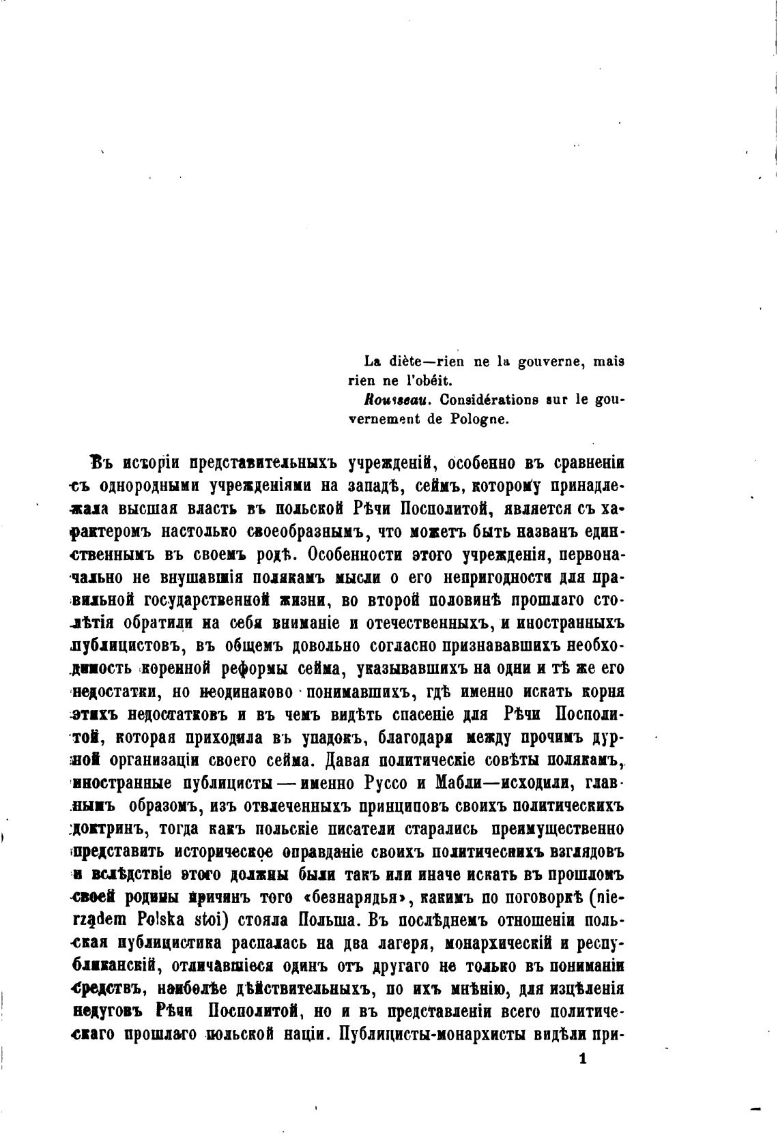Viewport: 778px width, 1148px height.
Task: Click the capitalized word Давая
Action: (x=350, y=761)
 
